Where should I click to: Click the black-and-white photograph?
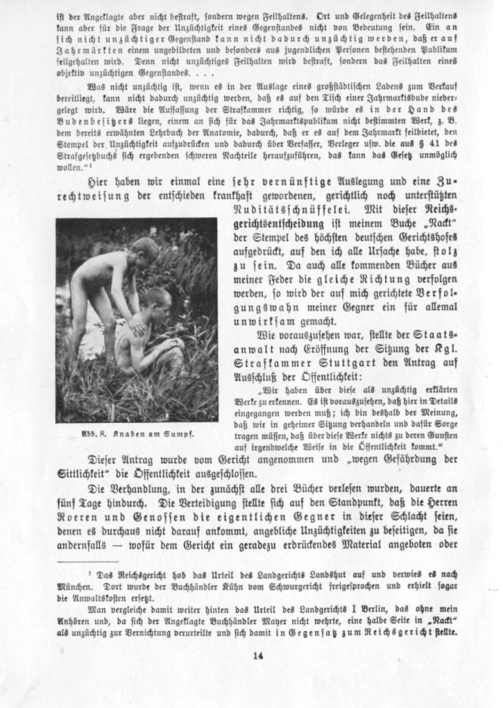click(136, 320)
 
